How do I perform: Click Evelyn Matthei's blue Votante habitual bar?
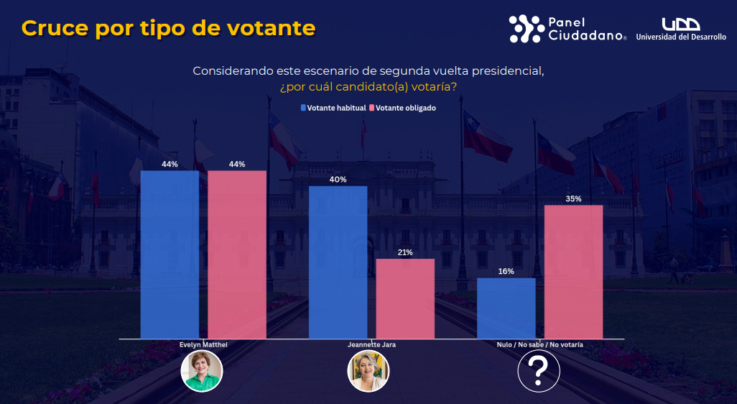[x=170, y=254]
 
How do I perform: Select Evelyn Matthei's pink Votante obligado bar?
[x=237, y=254]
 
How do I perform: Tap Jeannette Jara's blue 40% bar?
[x=338, y=262]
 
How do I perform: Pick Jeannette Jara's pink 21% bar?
[x=405, y=298]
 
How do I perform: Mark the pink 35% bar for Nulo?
[x=573, y=272]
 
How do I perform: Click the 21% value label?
[x=405, y=252]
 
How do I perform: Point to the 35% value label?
[x=573, y=198]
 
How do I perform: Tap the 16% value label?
[x=506, y=271]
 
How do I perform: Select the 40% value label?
[x=338, y=179]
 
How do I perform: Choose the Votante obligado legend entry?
[x=402, y=108]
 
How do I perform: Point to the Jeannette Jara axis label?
[x=371, y=345]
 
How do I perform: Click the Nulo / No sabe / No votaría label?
[x=539, y=345]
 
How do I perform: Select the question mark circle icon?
[x=539, y=371]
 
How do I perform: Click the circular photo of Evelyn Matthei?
[x=202, y=371]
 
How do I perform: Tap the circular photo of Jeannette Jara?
[x=368, y=371]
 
